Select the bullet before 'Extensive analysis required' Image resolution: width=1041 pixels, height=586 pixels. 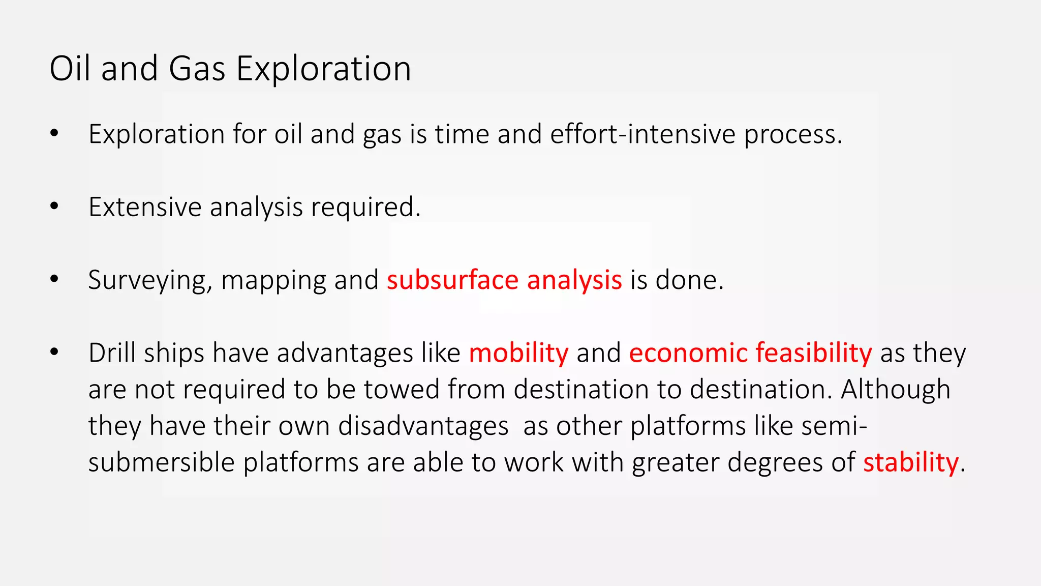click(x=54, y=207)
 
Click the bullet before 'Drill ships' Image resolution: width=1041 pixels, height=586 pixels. click(x=54, y=352)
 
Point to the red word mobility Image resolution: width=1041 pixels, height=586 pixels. click(x=518, y=353)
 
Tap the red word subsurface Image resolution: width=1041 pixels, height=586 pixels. click(x=452, y=280)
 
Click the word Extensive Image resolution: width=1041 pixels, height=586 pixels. click(x=145, y=207)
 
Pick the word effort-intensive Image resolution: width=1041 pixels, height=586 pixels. click(x=642, y=134)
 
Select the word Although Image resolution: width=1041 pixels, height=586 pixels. click(x=895, y=389)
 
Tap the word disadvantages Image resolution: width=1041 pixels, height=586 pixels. click(x=423, y=426)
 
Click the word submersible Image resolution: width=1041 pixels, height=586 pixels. click(x=161, y=462)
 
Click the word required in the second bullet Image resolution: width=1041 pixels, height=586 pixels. click(x=365, y=207)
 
